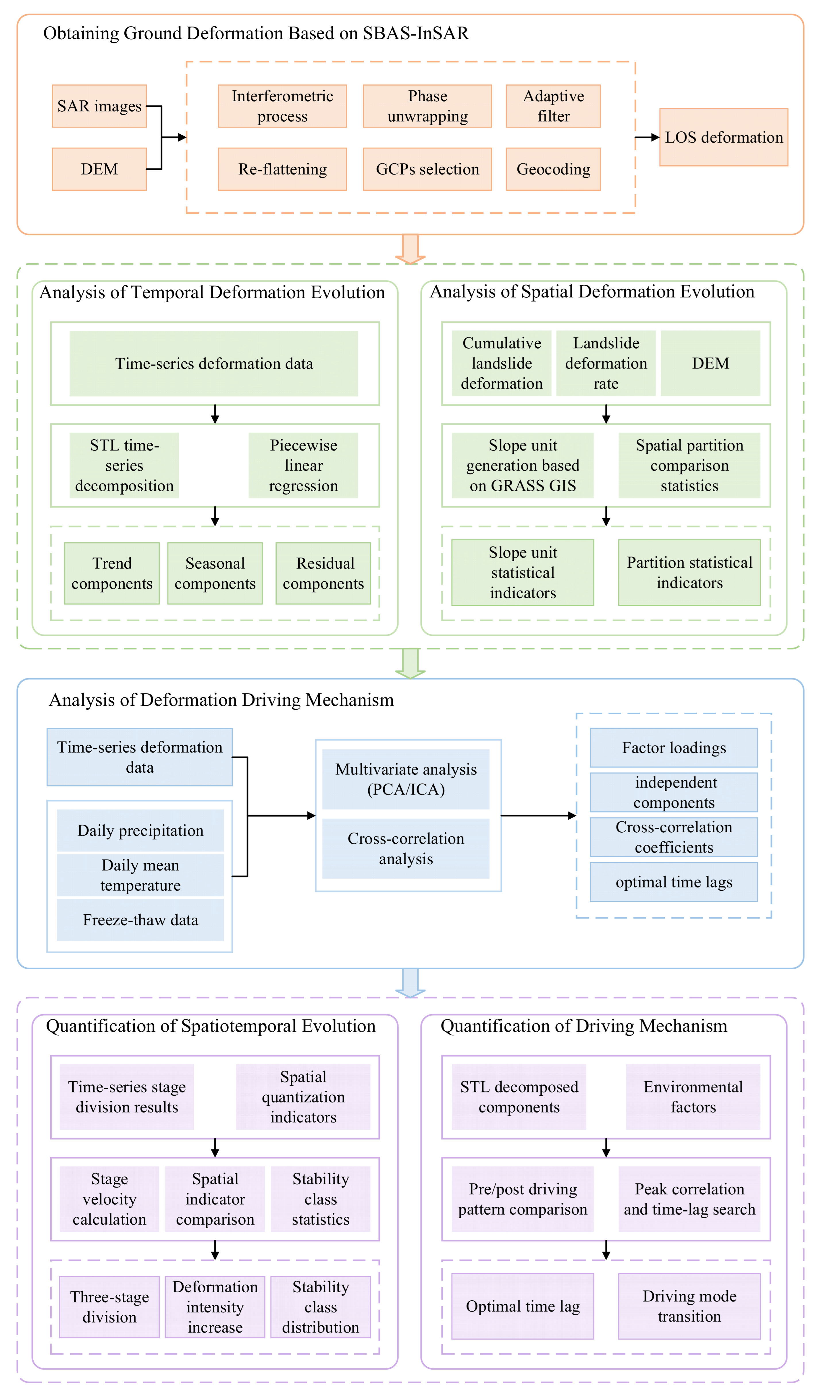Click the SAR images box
point(99,106)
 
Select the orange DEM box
point(99,169)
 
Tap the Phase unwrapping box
point(427,106)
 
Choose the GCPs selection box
point(427,169)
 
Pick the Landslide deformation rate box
point(606,363)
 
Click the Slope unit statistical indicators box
point(523,573)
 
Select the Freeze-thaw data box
point(140,920)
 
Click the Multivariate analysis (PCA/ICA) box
point(406,780)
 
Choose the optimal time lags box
point(674,882)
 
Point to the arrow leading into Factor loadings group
point(538,815)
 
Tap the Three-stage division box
point(109,1307)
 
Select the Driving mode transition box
point(689,1306)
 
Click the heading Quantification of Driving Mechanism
point(584,1026)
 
